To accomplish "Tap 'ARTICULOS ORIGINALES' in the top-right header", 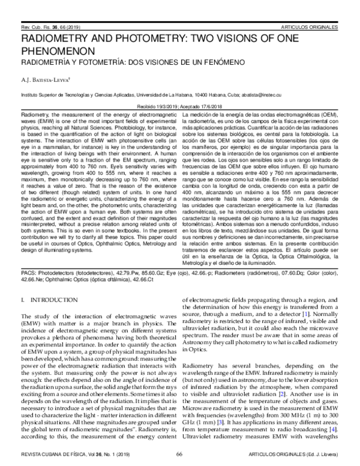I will click(x=311, y=28).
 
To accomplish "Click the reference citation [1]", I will click(x=306, y=313).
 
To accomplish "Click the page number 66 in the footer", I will click(x=179, y=455).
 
